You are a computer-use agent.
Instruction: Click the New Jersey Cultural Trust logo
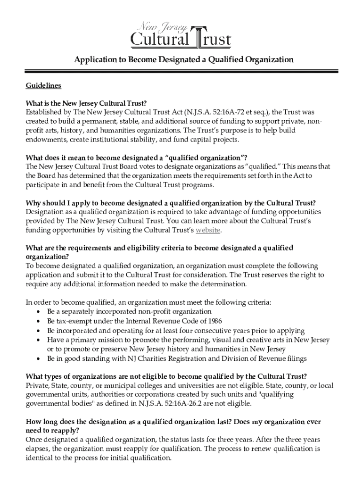[181, 34]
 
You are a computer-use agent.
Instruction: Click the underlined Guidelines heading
[43, 86]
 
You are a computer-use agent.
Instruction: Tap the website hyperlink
[208, 230]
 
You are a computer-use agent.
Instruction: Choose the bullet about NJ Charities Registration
[176, 358]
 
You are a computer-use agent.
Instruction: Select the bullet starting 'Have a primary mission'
[188, 340]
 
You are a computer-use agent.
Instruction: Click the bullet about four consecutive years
[175, 330]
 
